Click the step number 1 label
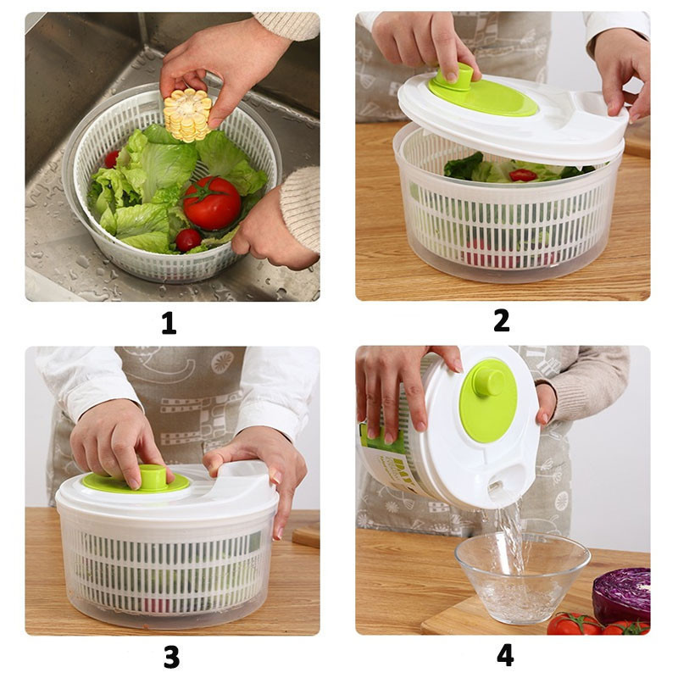coord(169,324)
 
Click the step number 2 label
coord(502,321)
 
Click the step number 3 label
coord(172,658)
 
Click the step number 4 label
coord(505,655)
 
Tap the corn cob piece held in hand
coord(187,115)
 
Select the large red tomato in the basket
coord(211,203)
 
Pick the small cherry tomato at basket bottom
coord(188,240)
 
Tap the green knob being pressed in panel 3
coord(153,477)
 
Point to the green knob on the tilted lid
coord(490,382)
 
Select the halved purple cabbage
coord(621,596)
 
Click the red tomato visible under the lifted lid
coord(523,175)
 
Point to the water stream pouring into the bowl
coord(513,541)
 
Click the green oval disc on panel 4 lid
coord(488,400)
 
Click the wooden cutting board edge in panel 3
coord(306,536)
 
